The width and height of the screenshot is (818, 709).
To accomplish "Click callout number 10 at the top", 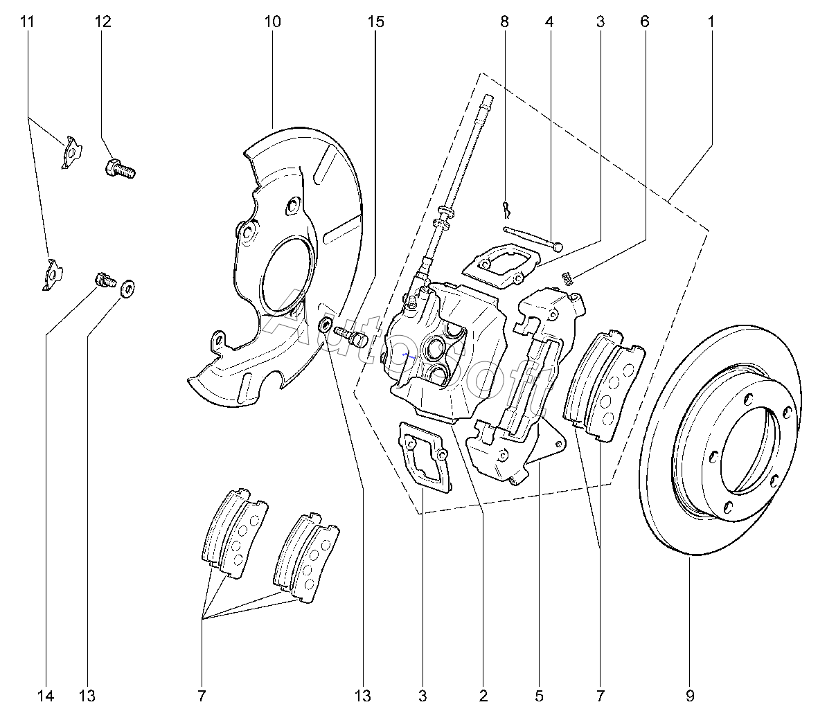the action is coord(272,21).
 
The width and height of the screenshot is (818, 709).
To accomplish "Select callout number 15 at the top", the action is coord(375,21).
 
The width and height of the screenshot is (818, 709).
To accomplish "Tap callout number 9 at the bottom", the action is coord(690,695).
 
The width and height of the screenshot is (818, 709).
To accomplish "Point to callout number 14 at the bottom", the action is coord(46,695).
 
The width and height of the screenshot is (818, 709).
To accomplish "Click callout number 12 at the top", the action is coord(103,21).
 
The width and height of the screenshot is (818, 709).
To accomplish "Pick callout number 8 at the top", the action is coord(504,21).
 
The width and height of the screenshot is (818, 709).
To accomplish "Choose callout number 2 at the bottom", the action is coord(483,695).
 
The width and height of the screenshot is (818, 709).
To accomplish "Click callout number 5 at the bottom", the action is coord(539,695).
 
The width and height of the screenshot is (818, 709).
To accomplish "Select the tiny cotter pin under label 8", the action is coord(506,210).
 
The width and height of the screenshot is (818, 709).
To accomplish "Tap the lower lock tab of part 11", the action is coord(52,273).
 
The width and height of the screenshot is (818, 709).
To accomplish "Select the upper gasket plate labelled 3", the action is coord(501,264).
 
